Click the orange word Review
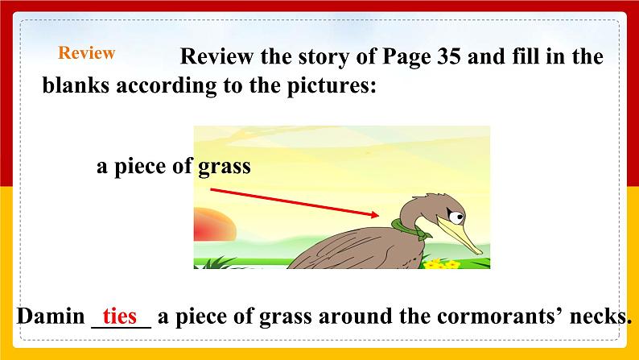tap(87, 53)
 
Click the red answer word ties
tap(120, 316)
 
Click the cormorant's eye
tap(455, 216)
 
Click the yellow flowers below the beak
tap(439, 263)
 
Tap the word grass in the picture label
tap(225, 167)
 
